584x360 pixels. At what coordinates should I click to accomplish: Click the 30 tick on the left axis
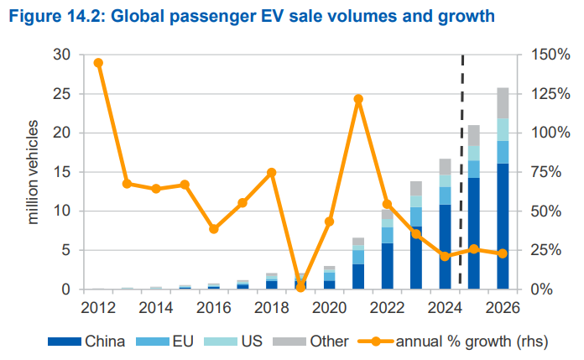[x=63, y=55]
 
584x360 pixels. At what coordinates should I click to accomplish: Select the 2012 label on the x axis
[x=98, y=307]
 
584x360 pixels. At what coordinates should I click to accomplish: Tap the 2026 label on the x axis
[x=503, y=307]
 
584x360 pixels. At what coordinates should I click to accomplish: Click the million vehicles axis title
[x=34, y=172]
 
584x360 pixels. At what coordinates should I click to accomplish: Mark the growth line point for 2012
[x=98, y=63]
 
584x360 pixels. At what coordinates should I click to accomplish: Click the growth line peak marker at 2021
[x=358, y=99]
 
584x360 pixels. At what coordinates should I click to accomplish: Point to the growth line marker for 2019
[x=300, y=287]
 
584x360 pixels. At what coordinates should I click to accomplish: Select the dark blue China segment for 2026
[x=503, y=227]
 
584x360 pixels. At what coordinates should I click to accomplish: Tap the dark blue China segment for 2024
[x=445, y=247]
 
